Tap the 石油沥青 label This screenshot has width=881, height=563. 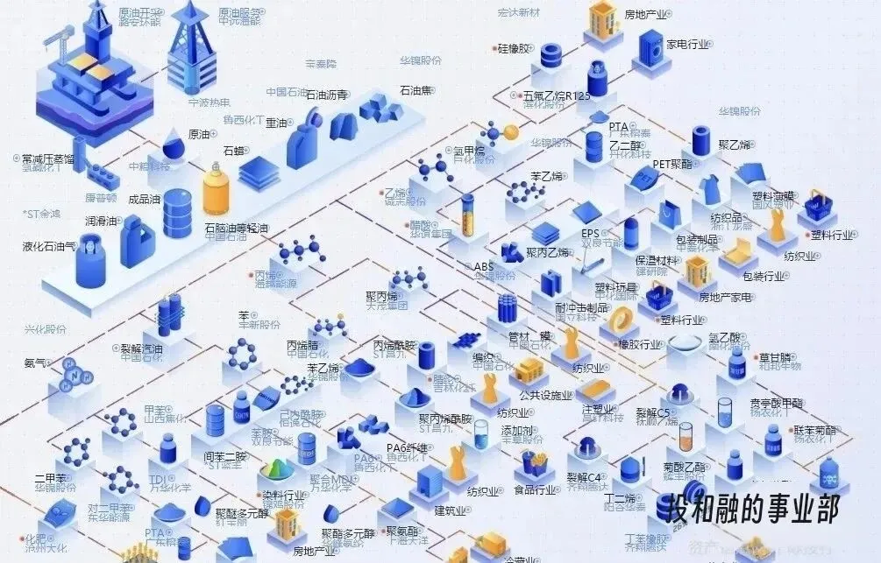point(326,95)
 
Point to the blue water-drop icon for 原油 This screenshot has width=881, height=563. point(174,143)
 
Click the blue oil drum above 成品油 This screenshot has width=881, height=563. point(177,214)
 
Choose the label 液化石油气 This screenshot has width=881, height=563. point(49,247)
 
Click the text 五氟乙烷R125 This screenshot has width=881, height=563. point(557,95)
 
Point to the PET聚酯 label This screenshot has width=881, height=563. point(672,164)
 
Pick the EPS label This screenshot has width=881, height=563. point(590,234)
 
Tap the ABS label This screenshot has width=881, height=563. point(484,266)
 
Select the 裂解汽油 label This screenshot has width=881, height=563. point(141,348)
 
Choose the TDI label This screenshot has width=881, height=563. point(158,480)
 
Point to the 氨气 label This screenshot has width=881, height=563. point(35,362)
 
